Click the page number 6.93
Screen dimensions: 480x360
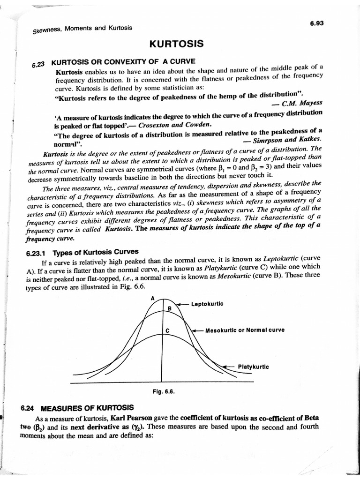pos(317,22)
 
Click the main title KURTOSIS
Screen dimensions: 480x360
pos(176,44)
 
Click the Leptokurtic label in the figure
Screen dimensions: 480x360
pos(207,304)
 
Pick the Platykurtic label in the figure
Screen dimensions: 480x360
pos(254,366)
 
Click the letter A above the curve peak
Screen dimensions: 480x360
pos(153,298)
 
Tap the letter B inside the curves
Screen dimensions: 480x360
pos(169,308)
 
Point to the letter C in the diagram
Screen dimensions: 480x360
pos(167,331)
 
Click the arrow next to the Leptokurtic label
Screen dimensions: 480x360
pos(182,304)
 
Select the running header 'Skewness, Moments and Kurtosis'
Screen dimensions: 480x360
pos(82,29)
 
